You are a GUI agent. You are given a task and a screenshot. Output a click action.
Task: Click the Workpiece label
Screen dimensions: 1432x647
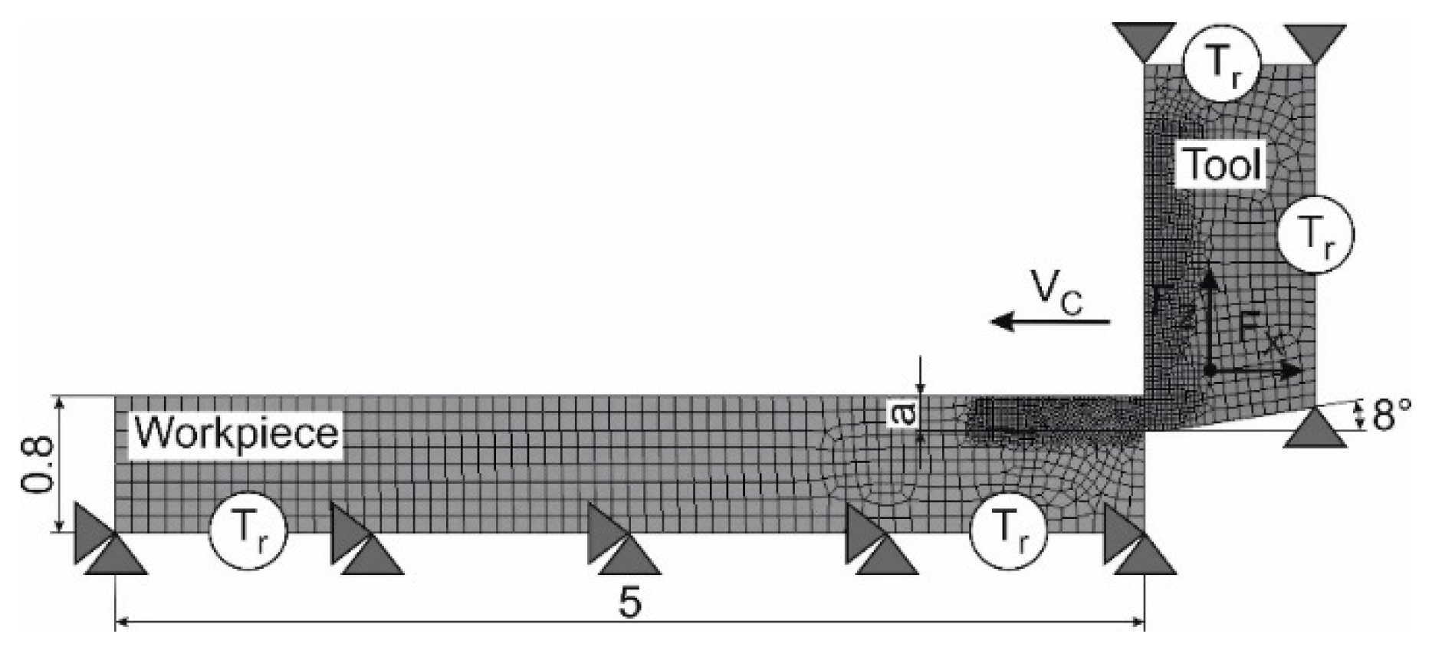click(236, 434)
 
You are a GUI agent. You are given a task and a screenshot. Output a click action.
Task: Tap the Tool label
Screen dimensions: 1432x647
click(1222, 164)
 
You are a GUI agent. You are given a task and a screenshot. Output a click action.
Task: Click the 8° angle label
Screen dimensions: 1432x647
click(1391, 417)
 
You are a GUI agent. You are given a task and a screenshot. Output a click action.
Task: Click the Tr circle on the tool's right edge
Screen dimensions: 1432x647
click(1315, 235)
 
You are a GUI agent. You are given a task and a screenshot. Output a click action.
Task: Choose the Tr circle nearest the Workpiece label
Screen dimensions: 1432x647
click(248, 530)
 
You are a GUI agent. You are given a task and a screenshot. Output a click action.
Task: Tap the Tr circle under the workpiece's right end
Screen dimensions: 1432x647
click(1007, 530)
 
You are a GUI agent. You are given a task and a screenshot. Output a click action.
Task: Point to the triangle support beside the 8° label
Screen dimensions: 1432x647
click(1315, 429)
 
